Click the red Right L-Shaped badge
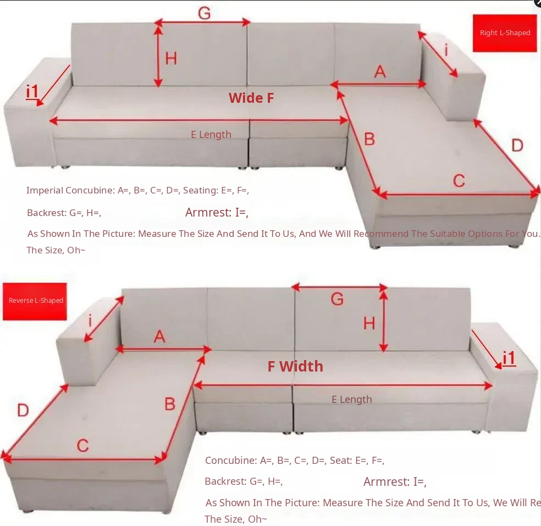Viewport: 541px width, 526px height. (505, 33)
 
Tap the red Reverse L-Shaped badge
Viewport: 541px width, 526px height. (35, 301)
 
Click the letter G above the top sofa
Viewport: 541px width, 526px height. (205, 13)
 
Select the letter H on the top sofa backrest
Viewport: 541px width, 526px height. (171, 58)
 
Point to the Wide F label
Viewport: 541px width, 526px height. (251, 98)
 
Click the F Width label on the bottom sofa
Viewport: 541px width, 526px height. (295, 366)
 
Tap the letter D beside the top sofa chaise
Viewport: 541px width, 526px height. (517, 146)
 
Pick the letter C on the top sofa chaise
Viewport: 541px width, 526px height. (459, 181)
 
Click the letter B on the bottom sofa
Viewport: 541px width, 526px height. (170, 404)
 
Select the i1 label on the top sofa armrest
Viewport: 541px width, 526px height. (32, 91)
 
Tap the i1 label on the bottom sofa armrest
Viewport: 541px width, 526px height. (509, 358)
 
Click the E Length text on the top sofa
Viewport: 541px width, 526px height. (211, 135)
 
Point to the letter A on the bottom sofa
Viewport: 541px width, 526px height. (159, 336)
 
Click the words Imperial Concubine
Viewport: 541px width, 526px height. (70, 190)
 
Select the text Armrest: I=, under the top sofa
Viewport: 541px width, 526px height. (217, 213)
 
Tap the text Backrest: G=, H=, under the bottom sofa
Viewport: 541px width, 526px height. (244, 481)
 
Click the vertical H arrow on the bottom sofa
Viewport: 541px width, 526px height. (384, 319)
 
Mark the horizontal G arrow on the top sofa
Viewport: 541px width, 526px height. (202, 23)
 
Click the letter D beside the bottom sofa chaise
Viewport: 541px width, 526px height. (23, 411)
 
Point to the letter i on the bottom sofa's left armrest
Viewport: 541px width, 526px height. (90, 320)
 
